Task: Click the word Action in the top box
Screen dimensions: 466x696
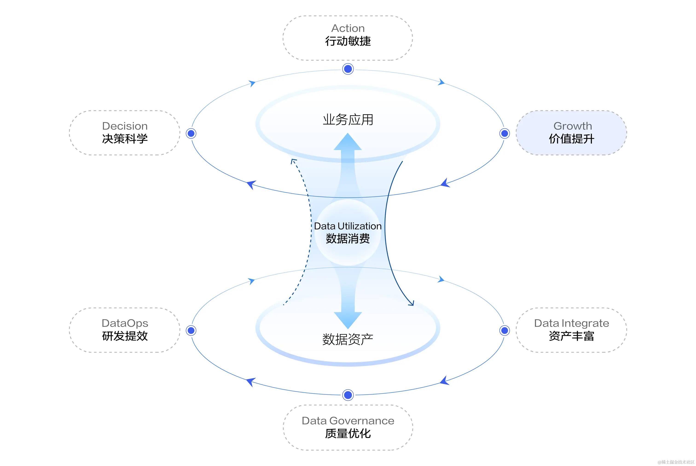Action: pyautogui.click(x=348, y=28)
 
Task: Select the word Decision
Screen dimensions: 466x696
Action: pyautogui.click(x=125, y=126)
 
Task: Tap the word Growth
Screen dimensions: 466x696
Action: pyautogui.click(x=572, y=126)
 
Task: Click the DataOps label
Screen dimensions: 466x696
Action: pyautogui.click(x=125, y=323)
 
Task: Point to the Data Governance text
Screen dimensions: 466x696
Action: pyautogui.click(x=348, y=421)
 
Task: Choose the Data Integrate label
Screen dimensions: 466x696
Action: pyautogui.click(x=571, y=323)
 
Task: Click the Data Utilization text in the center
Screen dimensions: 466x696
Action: pyautogui.click(x=348, y=226)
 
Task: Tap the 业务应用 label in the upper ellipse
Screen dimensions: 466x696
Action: pyautogui.click(x=348, y=120)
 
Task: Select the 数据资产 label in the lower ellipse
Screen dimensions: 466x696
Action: pyautogui.click(x=348, y=339)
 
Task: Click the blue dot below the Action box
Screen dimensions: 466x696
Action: pyautogui.click(x=348, y=69)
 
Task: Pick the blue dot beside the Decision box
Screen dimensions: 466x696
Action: pyautogui.click(x=191, y=134)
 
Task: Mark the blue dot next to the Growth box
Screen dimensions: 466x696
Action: pyautogui.click(x=505, y=134)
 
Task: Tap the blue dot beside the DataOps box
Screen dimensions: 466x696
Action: pyautogui.click(x=191, y=330)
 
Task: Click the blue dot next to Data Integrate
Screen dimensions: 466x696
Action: pyautogui.click(x=505, y=330)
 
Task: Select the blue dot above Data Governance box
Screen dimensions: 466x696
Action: pyautogui.click(x=348, y=395)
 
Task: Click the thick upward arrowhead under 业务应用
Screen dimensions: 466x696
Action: pyautogui.click(x=348, y=142)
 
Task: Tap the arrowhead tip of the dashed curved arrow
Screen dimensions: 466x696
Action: pyautogui.click(x=293, y=160)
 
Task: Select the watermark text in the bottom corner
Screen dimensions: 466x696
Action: pyautogui.click(x=676, y=462)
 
